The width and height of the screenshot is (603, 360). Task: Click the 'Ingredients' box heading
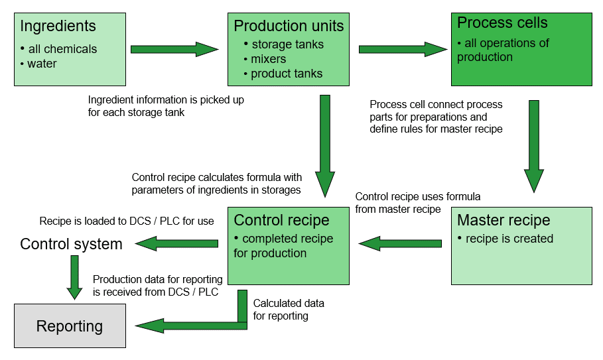coord(58,26)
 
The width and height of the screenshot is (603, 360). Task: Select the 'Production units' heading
coord(289,26)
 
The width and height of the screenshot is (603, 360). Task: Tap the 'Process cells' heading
coord(502,23)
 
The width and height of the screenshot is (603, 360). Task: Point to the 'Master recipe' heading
coord(503,220)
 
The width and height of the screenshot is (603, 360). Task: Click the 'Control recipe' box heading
coord(281,220)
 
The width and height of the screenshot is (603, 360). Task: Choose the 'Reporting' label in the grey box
coord(70,326)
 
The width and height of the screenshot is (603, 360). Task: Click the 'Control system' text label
coord(71,244)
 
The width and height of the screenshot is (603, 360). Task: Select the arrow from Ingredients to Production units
coord(174,49)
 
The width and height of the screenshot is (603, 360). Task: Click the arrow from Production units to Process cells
coord(403,49)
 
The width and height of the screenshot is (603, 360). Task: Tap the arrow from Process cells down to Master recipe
coord(534,146)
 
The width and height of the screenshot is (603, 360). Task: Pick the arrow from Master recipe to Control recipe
coord(400,243)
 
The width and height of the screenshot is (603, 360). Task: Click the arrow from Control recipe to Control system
coord(176,243)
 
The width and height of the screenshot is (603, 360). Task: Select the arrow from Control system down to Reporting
coord(74,277)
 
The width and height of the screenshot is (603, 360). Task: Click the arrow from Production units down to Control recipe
coord(325,146)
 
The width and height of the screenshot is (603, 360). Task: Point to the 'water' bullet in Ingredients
coord(38,64)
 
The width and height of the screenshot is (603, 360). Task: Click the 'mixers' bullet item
coord(265,59)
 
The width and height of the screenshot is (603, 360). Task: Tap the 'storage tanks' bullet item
coord(284,44)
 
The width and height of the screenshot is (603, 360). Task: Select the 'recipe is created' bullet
coord(505,239)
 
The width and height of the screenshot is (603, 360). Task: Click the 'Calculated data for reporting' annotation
coord(289,310)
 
